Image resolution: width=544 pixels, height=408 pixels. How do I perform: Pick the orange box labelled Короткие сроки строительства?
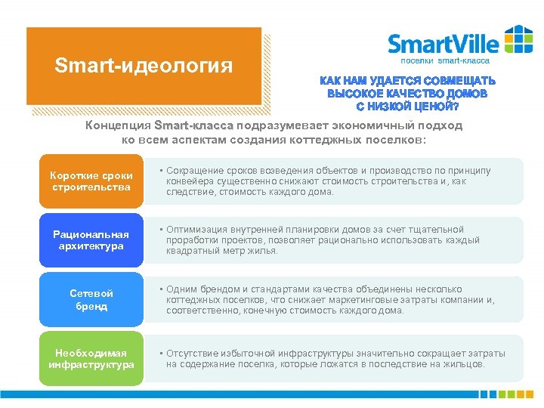click(91, 181)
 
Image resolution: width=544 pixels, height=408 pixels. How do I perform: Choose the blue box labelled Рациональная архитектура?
click(91, 240)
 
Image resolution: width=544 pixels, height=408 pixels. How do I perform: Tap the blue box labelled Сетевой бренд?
click(91, 300)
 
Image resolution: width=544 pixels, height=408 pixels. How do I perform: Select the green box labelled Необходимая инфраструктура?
click(91, 359)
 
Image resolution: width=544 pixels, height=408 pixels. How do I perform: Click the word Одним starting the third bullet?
click(182, 289)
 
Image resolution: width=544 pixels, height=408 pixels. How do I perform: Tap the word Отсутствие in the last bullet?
click(195, 354)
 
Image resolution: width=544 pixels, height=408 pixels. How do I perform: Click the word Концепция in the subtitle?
click(119, 125)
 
